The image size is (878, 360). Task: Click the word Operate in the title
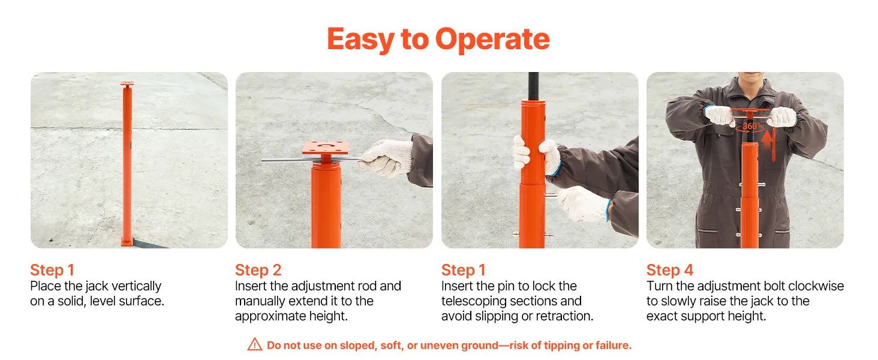coord(492,39)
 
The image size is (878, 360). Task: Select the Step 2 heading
coord(258,270)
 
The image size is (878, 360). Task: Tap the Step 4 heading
coord(670,270)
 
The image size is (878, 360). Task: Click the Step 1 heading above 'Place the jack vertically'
coord(52,270)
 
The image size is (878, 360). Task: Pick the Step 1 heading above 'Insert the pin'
coord(464,270)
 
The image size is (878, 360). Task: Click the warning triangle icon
coord(255,344)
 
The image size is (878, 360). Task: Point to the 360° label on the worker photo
coord(751,126)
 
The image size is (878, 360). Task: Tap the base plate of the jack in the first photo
coord(127,241)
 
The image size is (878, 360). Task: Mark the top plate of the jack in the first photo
coord(127,85)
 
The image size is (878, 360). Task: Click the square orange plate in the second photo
coord(325,148)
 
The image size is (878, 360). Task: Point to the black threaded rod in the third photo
coord(534,86)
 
